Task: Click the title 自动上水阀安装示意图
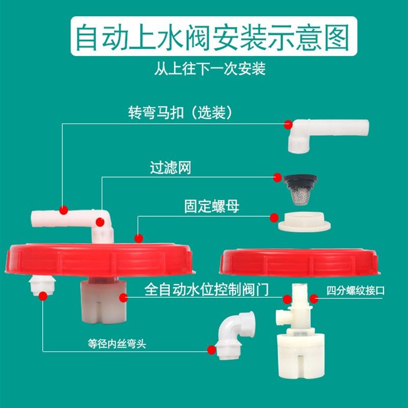[x=212, y=37]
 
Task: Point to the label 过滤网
[x=170, y=168]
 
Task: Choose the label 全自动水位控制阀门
[x=213, y=291]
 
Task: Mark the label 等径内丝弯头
[x=117, y=344]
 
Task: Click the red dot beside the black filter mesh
[x=277, y=176]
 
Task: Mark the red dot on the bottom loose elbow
[x=212, y=349]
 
